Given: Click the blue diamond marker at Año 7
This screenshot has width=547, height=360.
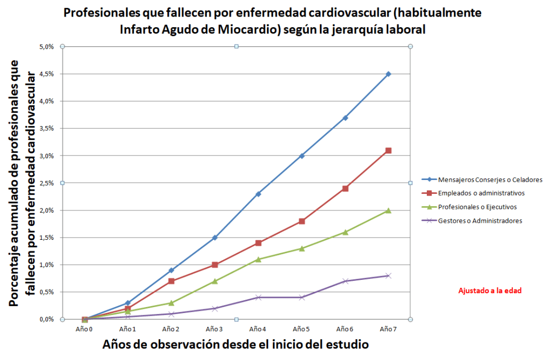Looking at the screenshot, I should pyautogui.click(x=388, y=74).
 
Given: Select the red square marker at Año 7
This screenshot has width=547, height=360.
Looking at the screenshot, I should pyautogui.click(x=388, y=151).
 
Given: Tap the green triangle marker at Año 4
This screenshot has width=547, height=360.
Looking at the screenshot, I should pyautogui.click(x=259, y=259).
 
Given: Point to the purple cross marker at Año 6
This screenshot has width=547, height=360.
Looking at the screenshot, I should pyautogui.click(x=345, y=281).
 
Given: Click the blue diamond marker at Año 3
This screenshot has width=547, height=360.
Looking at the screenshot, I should pyautogui.click(x=215, y=238).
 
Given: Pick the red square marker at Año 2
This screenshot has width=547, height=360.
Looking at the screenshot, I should pyautogui.click(x=171, y=281).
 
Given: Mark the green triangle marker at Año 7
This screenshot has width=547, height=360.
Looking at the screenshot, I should pyautogui.click(x=388, y=210).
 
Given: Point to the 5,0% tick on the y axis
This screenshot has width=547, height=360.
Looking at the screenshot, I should pyautogui.click(x=46, y=46).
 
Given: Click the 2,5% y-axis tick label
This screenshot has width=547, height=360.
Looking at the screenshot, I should pyautogui.click(x=46, y=183).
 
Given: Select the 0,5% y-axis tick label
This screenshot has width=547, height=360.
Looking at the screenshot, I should pyautogui.click(x=46, y=292).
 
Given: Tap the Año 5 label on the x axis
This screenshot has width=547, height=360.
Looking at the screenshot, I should pyautogui.click(x=302, y=329).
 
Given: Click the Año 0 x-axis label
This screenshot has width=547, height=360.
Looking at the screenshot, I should pyautogui.click(x=84, y=329).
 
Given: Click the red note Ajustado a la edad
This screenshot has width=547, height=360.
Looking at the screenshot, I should pyautogui.click(x=489, y=291).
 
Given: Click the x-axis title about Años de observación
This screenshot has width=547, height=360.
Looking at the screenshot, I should pyautogui.click(x=236, y=345).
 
